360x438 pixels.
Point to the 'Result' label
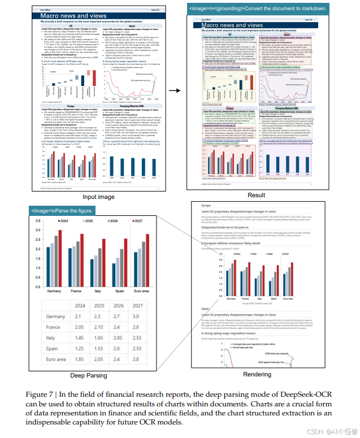[256, 195]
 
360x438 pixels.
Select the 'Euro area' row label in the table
[57, 359]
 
